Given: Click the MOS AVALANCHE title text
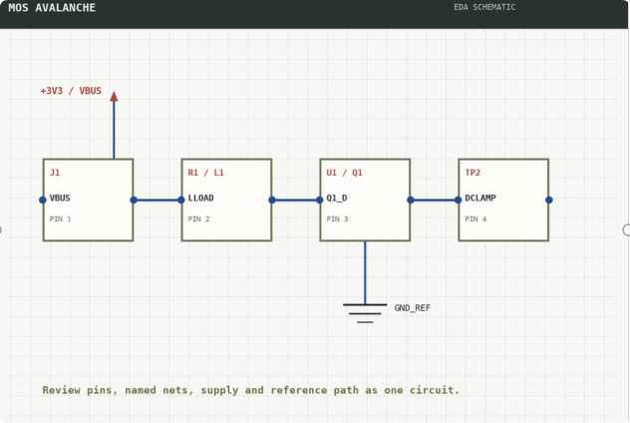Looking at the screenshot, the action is pos(52,8).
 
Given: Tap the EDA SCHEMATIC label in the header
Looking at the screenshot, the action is pos(484,7).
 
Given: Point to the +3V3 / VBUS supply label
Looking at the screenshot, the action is pos(71,91).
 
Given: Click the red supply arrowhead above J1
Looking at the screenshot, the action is pos(114,96).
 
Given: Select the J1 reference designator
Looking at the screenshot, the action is pos(55,173).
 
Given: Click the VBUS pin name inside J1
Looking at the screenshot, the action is pos(60,198).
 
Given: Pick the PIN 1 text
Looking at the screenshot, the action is pos(60,219).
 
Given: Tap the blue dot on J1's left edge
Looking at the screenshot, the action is pos(43,200).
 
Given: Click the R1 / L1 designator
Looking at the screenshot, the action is pos(205,173).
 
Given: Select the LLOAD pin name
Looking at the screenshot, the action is pos(201,198).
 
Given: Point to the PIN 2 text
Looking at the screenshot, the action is pos(199,219).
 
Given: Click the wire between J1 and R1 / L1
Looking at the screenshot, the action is pos(157,200).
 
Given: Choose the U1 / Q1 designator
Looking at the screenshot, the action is pos(344,173).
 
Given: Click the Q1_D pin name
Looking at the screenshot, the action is pos(337,198).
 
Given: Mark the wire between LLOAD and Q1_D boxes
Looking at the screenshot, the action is pos(296,200).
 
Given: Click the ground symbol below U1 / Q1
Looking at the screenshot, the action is pos(365,313).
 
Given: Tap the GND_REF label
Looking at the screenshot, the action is pos(413,308).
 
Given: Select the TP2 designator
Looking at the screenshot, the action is pos(472,173).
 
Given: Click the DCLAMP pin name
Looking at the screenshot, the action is pos(480,198).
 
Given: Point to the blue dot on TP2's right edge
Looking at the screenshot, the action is pos(549,200).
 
